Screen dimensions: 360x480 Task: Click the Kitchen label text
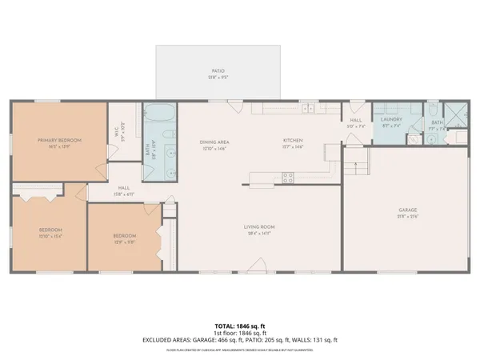click(x=293, y=142)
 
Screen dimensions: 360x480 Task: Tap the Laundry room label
click(x=390, y=121)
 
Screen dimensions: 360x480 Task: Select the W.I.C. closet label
click(x=116, y=136)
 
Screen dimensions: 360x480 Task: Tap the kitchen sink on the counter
click(x=306, y=107)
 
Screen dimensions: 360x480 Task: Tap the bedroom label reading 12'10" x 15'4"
click(x=50, y=237)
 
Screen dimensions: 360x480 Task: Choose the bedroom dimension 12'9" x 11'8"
click(x=124, y=241)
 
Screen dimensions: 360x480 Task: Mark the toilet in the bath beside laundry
click(x=414, y=138)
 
